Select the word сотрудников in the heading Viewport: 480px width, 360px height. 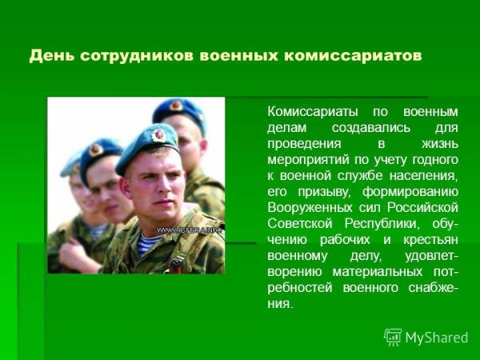click(x=138, y=56)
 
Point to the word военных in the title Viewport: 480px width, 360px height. click(x=238, y=56)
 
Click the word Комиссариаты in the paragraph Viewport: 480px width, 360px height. click(x=312, y=112)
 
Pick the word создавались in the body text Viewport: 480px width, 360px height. click(x=371, y=128)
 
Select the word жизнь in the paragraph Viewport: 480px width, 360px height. click(x=439, y=143)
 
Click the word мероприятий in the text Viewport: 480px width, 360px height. click(x=308, y=160)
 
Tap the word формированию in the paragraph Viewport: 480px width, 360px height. click(x=410, y=192)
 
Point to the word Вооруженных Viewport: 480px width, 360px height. click(x=310, y=208)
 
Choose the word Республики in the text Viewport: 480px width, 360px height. click(x=381, y=224)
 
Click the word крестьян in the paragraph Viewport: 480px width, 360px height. click(x=430, y=240)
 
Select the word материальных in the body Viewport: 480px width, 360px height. click(x=378, y=272)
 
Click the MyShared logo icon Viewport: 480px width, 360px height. click(x=393, y=337)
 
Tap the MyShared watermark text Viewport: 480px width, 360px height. click(x=437, y=338)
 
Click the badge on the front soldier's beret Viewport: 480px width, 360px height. click(x=158, y=135)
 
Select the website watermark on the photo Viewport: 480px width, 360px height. click(x=190, y=230)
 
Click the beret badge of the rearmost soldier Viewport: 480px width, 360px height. click(x=176, y=106)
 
